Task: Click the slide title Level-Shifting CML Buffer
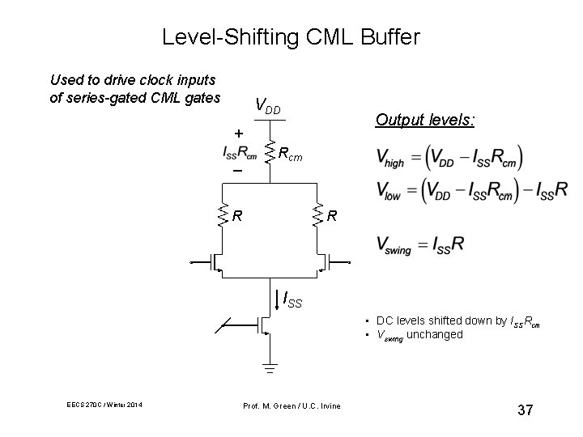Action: click(x=291, y=37)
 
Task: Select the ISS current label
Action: click(x=291, y=300)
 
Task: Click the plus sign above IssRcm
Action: click(x=238, y=132)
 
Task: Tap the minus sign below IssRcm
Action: click(x=237, y=172)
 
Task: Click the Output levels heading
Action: click(x=425, y=120)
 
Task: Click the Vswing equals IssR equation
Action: click(x=420, y=244)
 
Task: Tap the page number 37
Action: click(x=525, y=410)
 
